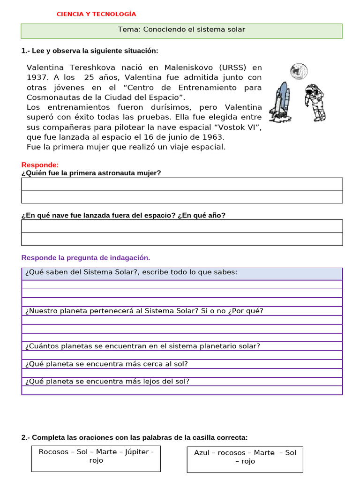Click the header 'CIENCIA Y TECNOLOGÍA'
pos(96,14)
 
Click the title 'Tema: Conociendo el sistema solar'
pos(181,30)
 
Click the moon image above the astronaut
pos(298,71)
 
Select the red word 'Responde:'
pos(40,165)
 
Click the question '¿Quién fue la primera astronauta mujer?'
pos(91,173)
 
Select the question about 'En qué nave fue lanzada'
pos(123,215)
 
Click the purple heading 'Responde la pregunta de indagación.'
pos(86,258)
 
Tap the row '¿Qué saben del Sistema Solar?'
pos(131,272)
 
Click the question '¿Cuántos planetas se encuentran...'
pos(142,346)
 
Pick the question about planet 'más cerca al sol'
pos(106,364)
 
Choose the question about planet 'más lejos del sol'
pos(107,381)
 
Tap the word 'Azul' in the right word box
pos(202,453)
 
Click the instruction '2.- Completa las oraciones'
pos(134,437)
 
